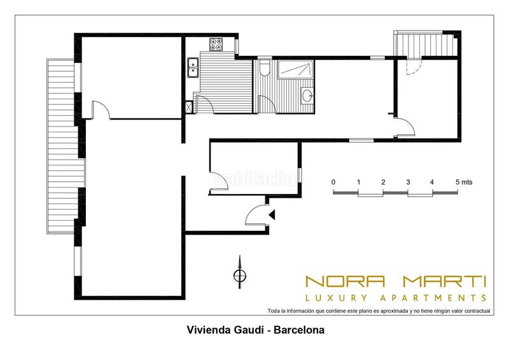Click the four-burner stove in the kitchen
216,45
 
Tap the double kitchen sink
193,67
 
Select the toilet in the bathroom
265,67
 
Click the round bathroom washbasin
307,95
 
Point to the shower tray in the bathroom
296,69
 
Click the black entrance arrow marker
272,214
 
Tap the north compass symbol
240,273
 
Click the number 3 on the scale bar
408,183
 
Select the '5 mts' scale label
464,182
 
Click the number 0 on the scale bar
333,182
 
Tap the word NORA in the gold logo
345,281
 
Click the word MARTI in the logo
444,281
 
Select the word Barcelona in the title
299,330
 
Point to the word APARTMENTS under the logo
433,298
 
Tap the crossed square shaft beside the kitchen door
189,107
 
